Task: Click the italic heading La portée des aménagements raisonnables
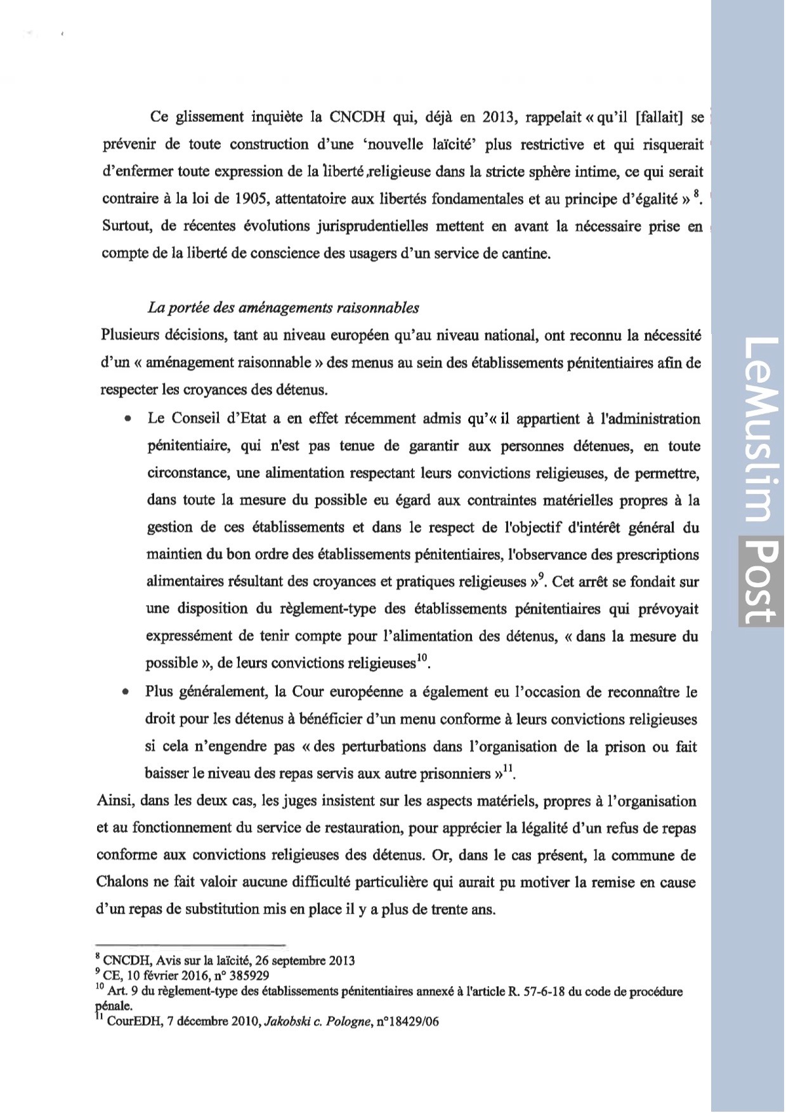click(283, 308)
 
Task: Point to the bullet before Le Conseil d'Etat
click(129, 420)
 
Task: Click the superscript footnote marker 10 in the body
click(422, 658)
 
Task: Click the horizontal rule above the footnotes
click(190, 945)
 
